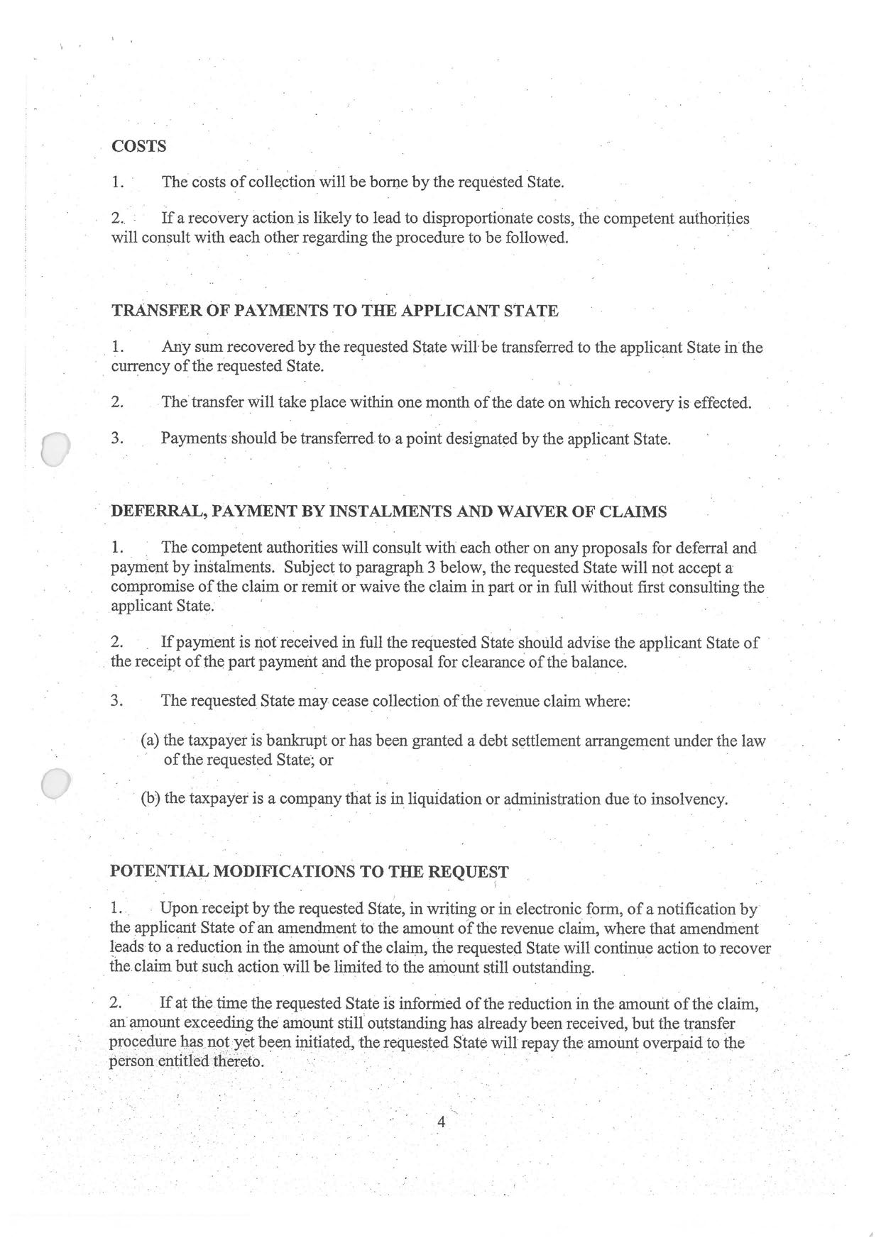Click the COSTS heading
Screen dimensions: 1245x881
point(139,146)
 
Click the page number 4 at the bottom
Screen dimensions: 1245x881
point(441,1122)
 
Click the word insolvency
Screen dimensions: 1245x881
point(691,799)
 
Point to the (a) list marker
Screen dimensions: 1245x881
point(151,741)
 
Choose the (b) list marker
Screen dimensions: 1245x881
point(151,799)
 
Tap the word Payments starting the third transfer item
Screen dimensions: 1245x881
point(193,438)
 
